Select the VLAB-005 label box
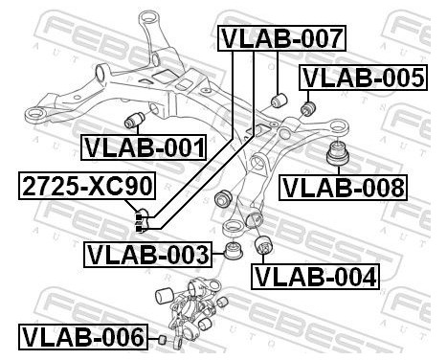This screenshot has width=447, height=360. tap(362, 78)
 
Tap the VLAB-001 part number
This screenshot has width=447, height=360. tap(144, 147)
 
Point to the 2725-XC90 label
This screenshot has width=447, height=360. tap(78, 186)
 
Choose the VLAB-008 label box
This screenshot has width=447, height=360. tap(343, 186)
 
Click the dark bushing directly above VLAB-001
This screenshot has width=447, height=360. tap(136, 119)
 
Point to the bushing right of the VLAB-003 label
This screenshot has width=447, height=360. tap(230, 254)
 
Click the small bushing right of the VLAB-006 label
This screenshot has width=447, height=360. tap(164, 339)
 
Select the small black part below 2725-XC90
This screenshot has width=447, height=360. tap(141, 223)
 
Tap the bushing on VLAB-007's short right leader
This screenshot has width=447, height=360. tap(280, 99)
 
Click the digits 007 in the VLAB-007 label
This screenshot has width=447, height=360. tap(313, 38)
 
